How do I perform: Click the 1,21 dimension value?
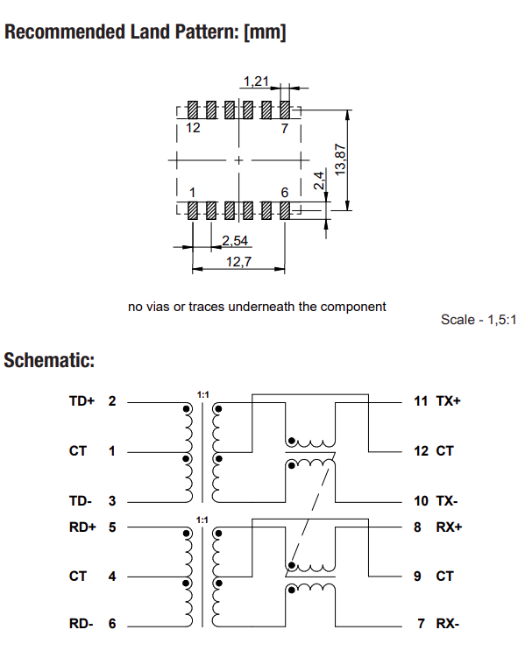(x=255, y=81)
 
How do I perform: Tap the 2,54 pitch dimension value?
(x=234, y=240)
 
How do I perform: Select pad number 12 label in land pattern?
(x=193, y=128)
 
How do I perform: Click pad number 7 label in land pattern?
(x=284, y=128)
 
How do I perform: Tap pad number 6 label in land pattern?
(x=284, y=192)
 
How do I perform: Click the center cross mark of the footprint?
(x=238, y=160)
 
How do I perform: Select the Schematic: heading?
(x=49, y=360)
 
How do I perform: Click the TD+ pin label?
(x=82, y=400)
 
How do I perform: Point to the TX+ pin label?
(x=448, y=400)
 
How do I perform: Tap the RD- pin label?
(x=81, y=624)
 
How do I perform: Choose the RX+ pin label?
(x=448, y=527)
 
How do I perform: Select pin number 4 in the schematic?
(x=111, y=577)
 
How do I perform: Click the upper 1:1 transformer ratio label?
(x=202, y=395)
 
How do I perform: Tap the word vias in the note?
(x=158, y=307)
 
